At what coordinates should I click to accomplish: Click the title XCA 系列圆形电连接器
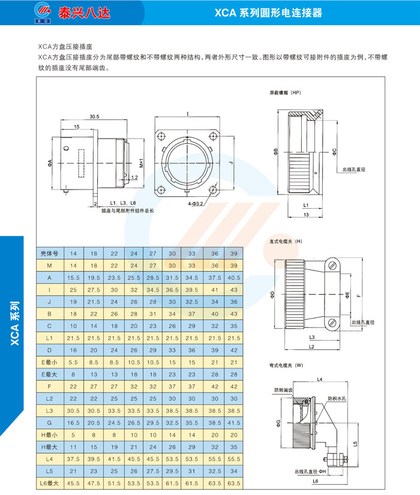tap(269, 13)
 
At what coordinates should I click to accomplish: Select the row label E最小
tap(50, 362)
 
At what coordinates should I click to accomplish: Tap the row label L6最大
tap(50, 483)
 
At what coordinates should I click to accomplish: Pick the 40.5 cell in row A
tap(233, 278)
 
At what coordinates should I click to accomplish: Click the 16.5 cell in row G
tap(74, 423)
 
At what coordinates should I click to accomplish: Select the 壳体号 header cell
tap(50, 254)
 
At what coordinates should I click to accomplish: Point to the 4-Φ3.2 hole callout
tap(197, 204)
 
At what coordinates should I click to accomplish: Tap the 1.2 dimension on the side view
tap(133, 178)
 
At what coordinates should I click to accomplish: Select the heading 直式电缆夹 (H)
tap(286, 241)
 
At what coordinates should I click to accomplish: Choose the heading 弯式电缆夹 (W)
tap(287, 365)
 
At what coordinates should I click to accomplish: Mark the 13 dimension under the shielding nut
tap(306, 214)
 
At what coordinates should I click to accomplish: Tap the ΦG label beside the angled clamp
tap(278, 424)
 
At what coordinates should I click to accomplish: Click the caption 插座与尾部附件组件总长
tap(128, 211)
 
